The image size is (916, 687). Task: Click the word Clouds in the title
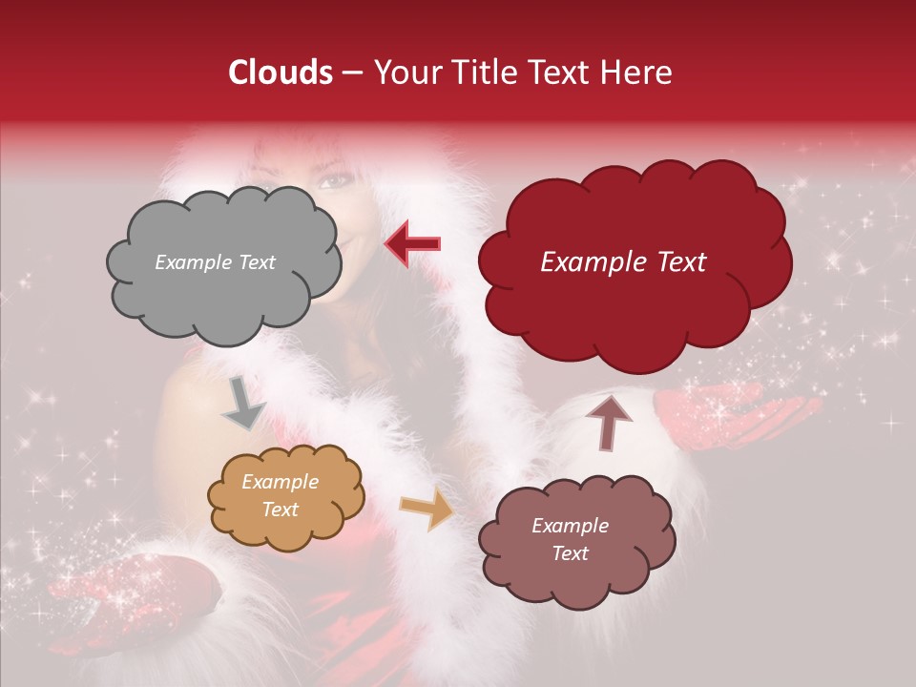point(281,73)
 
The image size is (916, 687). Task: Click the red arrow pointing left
point(413,243)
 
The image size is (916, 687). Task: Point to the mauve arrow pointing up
point(608,422)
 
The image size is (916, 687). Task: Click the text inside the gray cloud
point(215,262)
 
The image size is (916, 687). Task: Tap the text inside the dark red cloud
point(623,262)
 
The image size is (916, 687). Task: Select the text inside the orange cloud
point(280,496)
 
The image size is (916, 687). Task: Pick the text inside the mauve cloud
point(570,540)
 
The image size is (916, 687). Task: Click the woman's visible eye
point(334,180)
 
